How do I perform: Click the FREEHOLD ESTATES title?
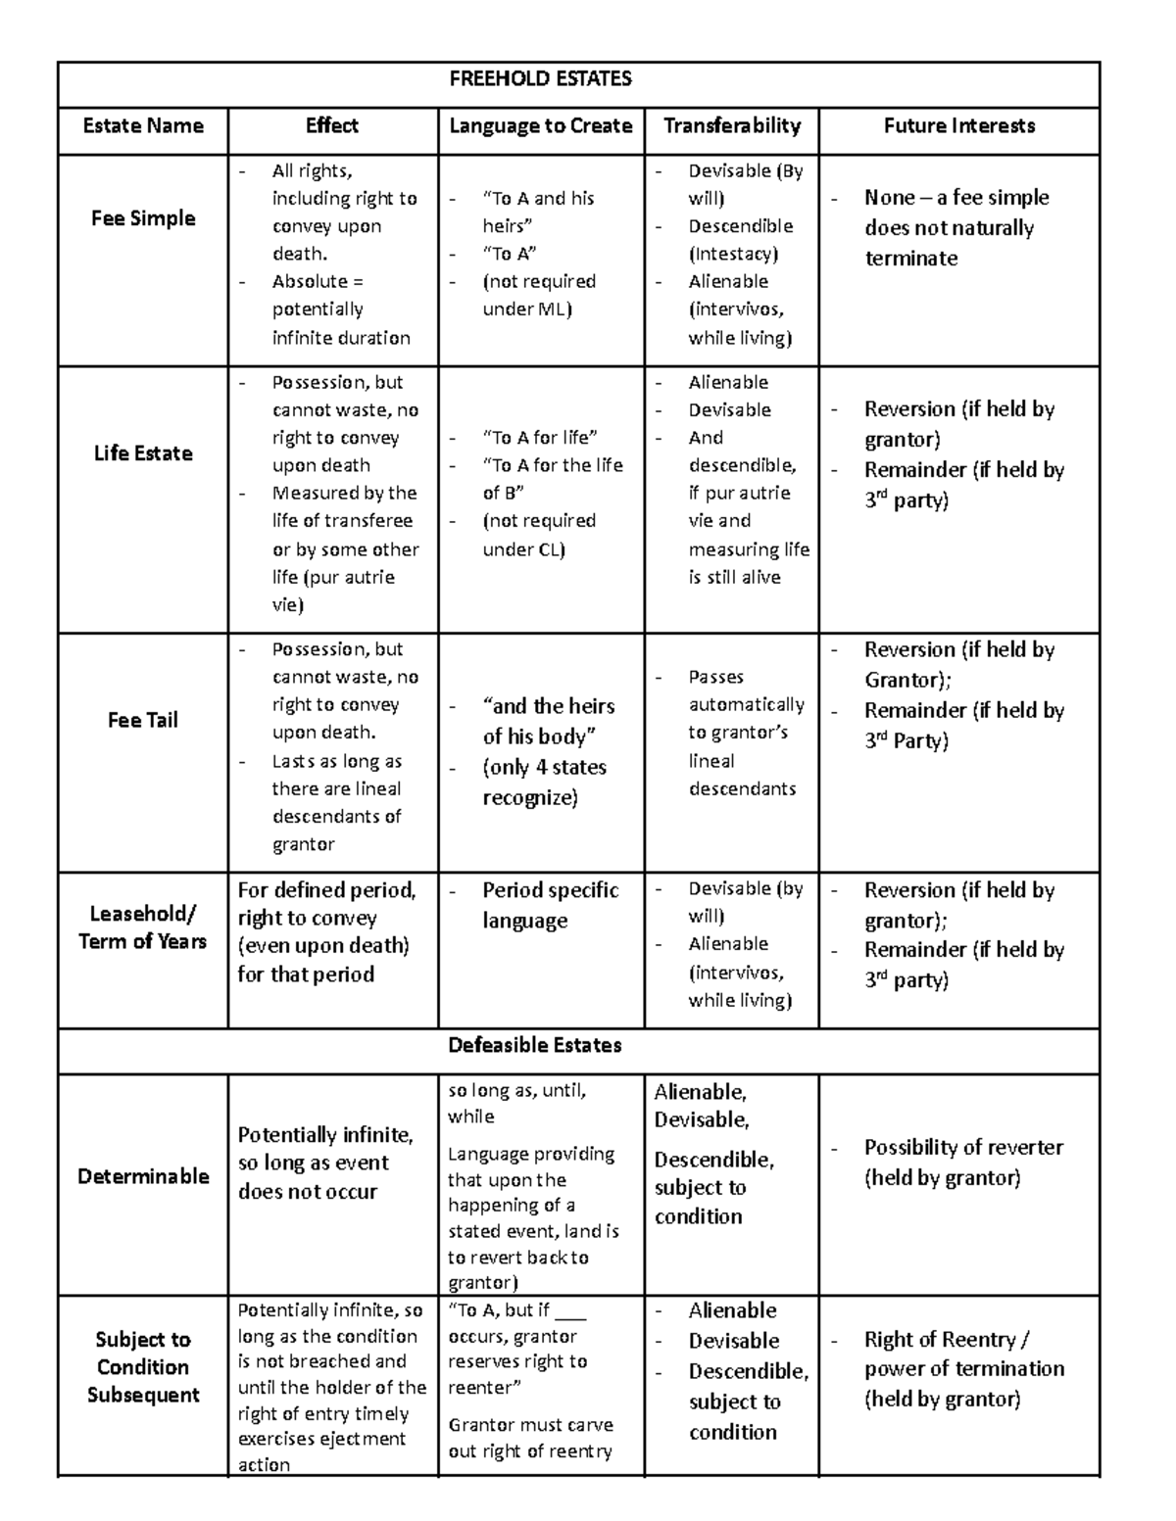pos(540,79)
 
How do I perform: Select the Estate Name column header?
pos(143,125)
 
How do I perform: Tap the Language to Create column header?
pos(540,125)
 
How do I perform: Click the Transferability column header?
pos(731,125)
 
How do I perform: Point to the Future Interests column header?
pos(958,125)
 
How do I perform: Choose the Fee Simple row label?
pos(143,218)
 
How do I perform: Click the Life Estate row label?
pos(143,453)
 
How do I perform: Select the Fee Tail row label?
pos(143,720)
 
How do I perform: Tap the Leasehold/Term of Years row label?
pos(143,927)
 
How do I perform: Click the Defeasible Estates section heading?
pos(535,1045)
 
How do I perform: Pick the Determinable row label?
pos(143,1176)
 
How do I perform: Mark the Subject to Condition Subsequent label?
pos(143,1367)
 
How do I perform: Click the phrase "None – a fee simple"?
pos(956,198)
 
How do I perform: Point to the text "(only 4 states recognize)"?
pos(545,783)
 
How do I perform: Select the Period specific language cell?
pos(550,905)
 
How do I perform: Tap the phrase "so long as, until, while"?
pos(516,1103)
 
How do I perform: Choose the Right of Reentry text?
pos(946,1340)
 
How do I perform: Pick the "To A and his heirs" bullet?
pos(538,212)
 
